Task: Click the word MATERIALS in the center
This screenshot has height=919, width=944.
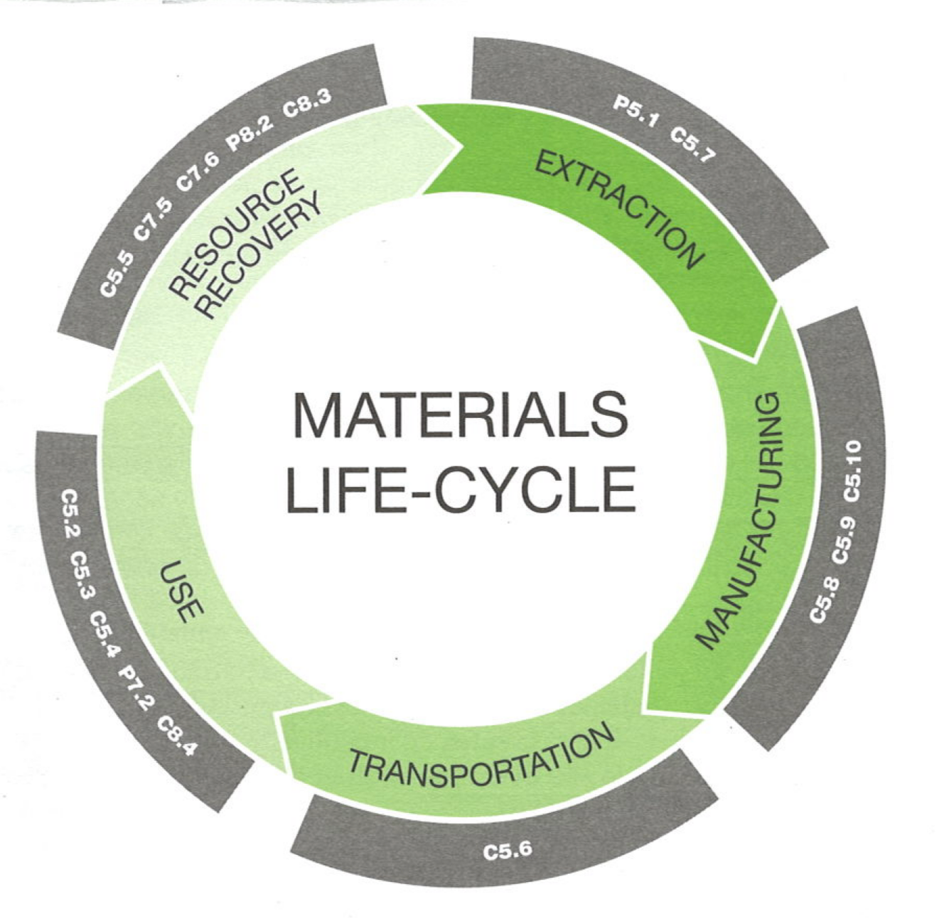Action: pos(461,415)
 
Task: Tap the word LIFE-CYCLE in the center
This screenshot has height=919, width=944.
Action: pos(461,489)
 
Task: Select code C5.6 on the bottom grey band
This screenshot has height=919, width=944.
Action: pos(507,850)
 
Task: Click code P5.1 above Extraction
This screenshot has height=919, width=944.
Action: pos(635,113)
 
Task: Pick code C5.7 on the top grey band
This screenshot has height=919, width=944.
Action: pos(692,144)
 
